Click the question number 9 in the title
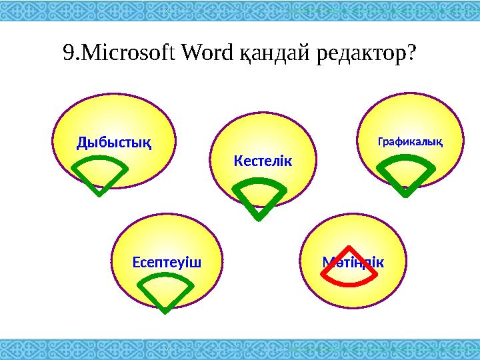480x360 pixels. (x=66, y=53)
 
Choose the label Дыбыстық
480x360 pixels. (x=113, y=141)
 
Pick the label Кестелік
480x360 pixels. (x=263, y=161)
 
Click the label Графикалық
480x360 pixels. (x=411, y=141)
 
